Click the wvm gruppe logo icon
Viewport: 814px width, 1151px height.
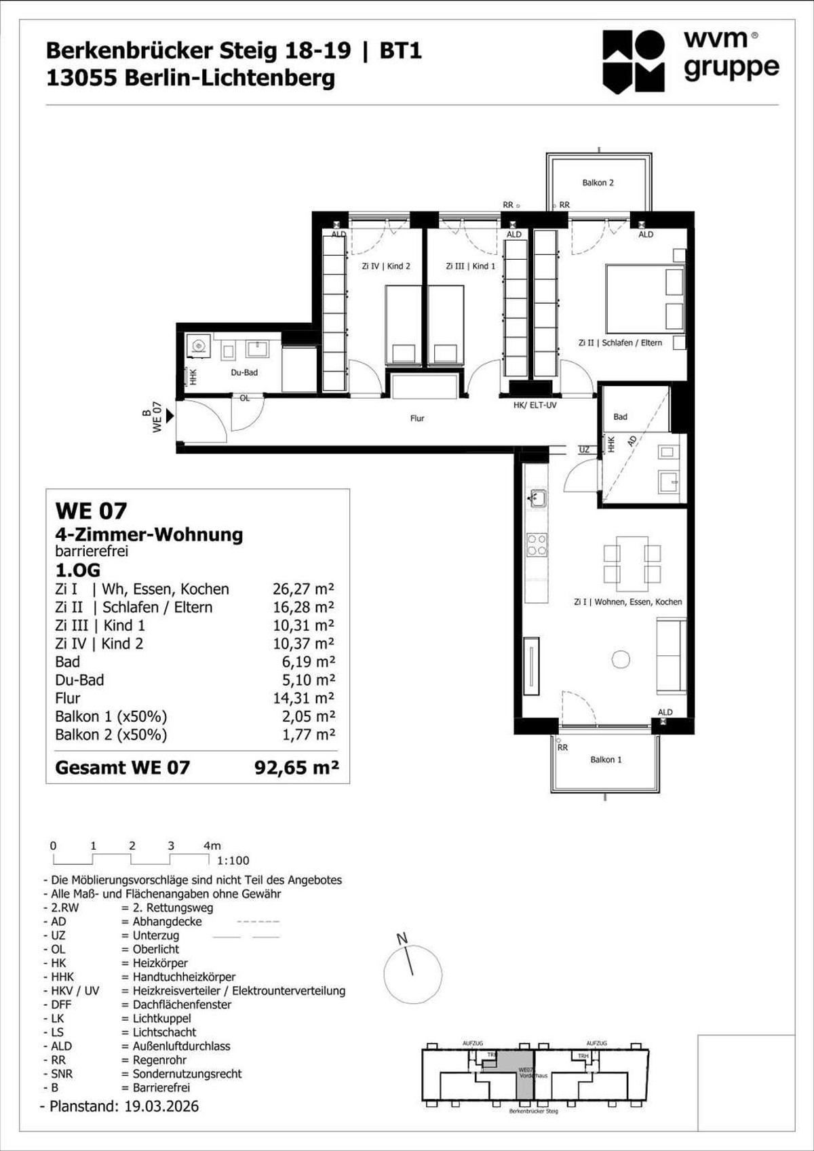coord(634,61)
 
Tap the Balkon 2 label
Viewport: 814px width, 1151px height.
coord(598,182)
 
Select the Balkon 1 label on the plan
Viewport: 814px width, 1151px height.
coord(606,760)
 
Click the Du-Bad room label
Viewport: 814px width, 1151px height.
coord(244,372)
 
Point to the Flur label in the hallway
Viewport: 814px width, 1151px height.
coord(417,418)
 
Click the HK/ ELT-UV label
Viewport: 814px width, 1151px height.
coord(535,405)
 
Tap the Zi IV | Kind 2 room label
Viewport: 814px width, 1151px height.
coord(386,266)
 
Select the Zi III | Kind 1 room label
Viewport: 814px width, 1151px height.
coord(471,266)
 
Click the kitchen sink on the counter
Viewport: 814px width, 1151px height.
coord(538,499)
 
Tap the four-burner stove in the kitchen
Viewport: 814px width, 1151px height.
coord(537,545)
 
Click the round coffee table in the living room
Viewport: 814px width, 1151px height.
coord(621,659)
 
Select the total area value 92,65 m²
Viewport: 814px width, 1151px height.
coord(296,768)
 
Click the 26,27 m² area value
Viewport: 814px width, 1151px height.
coord(303,589)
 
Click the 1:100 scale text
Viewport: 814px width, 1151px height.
coord(233,861)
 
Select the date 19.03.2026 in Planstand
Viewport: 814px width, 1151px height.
coord(161,1106)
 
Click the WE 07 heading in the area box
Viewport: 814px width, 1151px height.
coord(91,511)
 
